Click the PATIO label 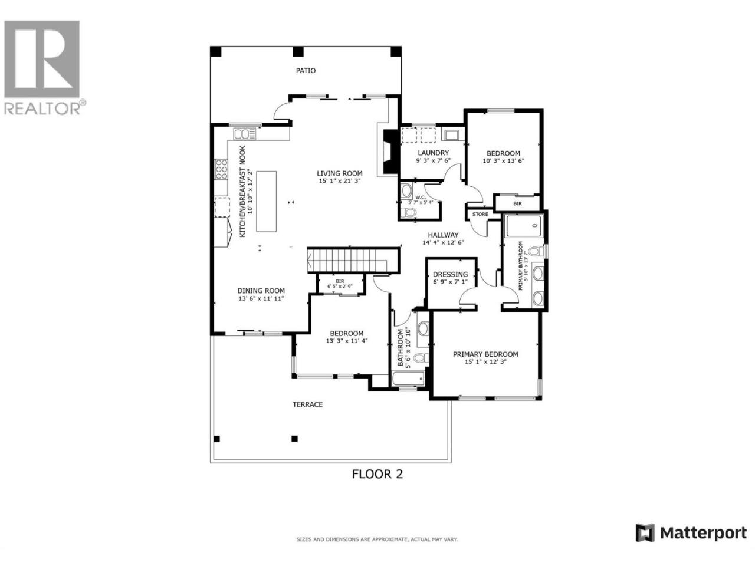click(x=306, y=70)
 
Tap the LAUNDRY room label click(x=433, y=153)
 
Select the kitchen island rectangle click(x=266, y=202)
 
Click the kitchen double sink click(x=245, y=134)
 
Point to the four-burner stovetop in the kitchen click(x=221, y=169)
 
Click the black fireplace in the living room click(x=390, y=152)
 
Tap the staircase click(x=352, y=260)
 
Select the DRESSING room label click(x=450, y=274)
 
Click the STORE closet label click(x=480, y=214)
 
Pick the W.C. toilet click(x=408, y=212)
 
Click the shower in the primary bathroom click(x=524, y=226)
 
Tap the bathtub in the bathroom click(x=408, y=379)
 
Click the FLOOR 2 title click(x=377, y=474)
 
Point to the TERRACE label click(x=307, y=404)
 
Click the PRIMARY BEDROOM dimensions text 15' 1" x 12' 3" click(x=485, y=361)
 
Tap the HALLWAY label click(x=443, y=235)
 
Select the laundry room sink click(x=450, y=134)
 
